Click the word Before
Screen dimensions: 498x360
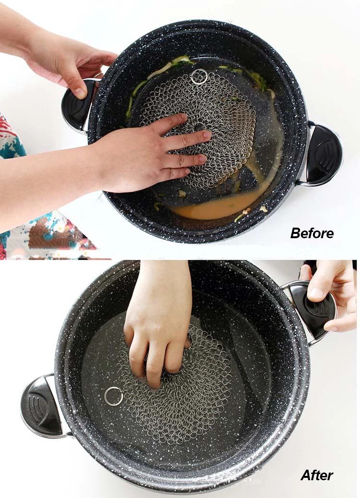[312, 233]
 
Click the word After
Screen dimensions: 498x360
[316, 475]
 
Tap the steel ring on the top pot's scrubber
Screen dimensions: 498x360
[199, 77]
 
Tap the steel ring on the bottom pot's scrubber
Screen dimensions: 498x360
[113, 396]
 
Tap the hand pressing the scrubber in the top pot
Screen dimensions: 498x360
[144, 154]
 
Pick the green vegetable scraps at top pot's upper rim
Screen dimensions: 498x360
[178, 62]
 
